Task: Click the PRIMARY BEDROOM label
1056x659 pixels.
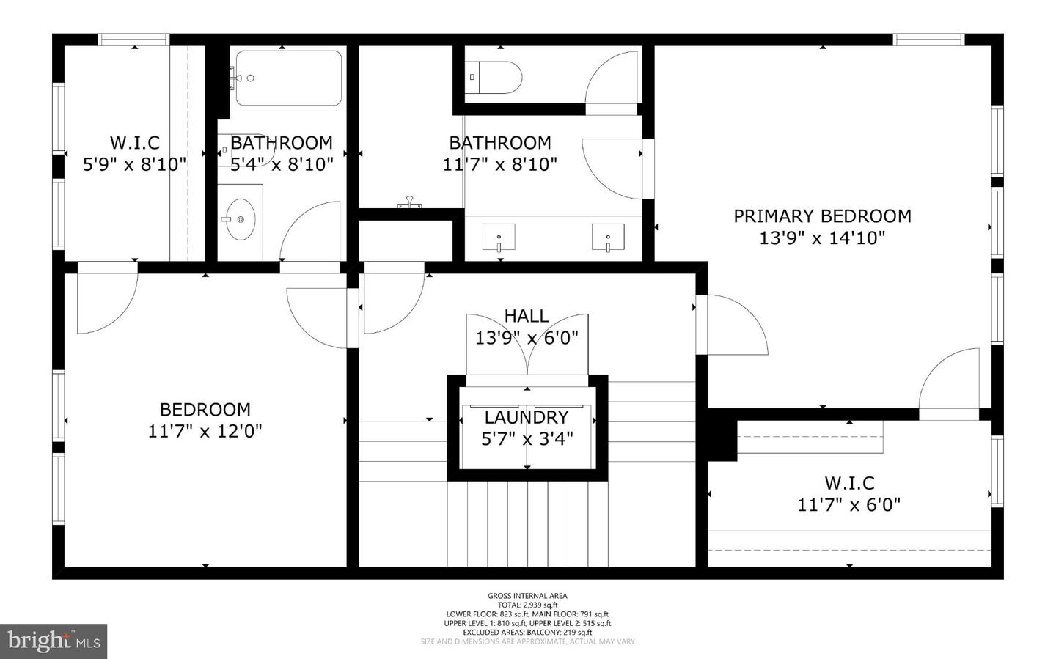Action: coord(822,216)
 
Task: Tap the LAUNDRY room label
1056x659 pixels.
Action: coord(527,417)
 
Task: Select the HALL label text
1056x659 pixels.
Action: coord(526,316)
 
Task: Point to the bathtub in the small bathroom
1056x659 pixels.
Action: coord(288,78)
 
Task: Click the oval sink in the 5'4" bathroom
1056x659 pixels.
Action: coord(241,219)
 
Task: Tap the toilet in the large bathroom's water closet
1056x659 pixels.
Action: coord(495,77)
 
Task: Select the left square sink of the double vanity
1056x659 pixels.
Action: coord(499,237)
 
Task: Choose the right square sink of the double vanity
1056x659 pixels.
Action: coord(608,237)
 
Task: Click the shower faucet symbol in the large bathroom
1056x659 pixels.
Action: coord(409,203)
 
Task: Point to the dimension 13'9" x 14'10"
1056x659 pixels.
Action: coord(822,238)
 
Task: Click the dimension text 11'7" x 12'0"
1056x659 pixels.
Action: coord(205,431)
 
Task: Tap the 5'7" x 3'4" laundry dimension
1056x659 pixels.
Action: coord(527,439)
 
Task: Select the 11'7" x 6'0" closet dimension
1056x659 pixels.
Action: coord(849,505)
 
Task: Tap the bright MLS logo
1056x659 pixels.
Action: coord(54,641)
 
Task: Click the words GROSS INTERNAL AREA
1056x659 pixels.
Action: coord(527,596)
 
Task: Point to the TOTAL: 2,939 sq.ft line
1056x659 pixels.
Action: coord(527,605)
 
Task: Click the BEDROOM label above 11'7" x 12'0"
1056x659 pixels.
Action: coord(205,409)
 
